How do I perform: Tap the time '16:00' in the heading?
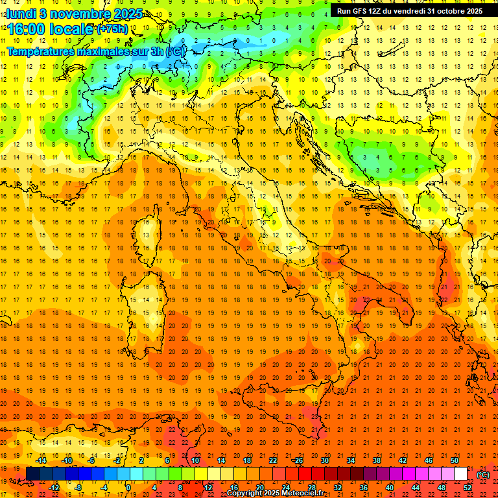click(x=25, y=29)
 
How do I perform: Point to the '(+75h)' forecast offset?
click(x=112, y=29)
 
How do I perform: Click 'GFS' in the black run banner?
click(x=363, y=11)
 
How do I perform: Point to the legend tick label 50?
click(x=455, y=460)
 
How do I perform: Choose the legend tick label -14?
click(x=41, y=460)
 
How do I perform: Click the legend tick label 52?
click(x=468, y=488)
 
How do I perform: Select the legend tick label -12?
click(x=54, y=488)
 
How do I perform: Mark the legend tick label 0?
click(x=128, y=488)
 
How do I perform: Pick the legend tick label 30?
click(x=324, y=460)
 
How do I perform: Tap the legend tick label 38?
click(x=376, y=460)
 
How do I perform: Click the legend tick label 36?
click(x=363, y=488)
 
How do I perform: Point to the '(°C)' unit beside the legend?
click(x=483, y=475)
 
